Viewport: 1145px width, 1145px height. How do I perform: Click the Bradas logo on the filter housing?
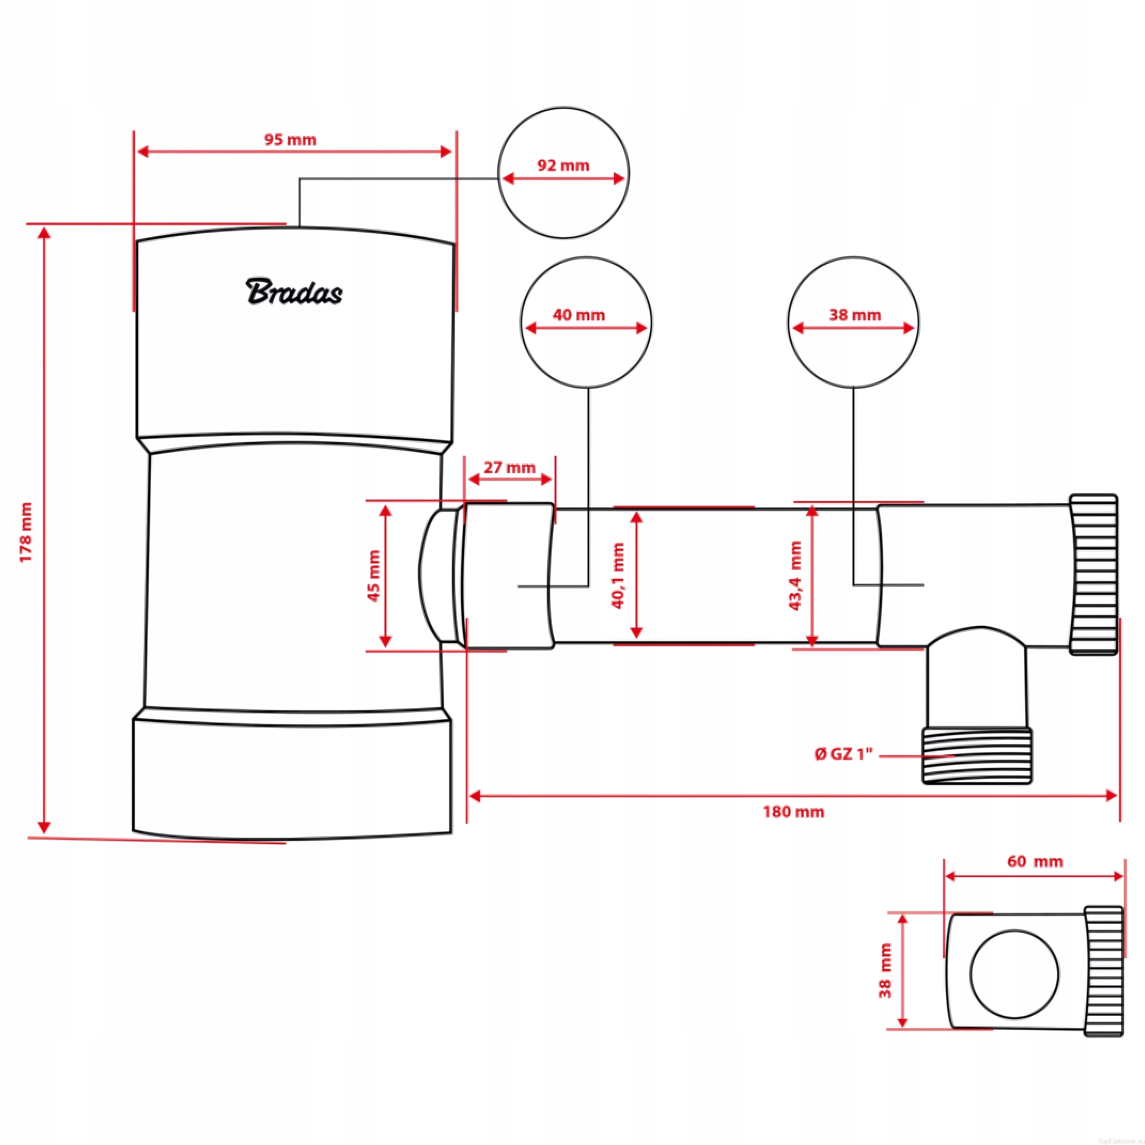coord(293,292)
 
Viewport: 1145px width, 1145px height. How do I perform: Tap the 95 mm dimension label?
coord(290,140)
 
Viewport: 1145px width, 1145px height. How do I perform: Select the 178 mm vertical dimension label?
coord(26,532)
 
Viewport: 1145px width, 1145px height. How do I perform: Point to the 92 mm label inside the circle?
coord(563,165)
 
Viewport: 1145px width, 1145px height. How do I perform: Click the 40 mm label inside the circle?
coord(578,315)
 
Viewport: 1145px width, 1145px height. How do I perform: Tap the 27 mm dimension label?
coord(509,467)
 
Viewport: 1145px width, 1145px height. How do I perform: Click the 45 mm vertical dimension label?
coord(373,576)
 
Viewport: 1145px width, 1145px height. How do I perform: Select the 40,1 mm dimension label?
coord(618,576)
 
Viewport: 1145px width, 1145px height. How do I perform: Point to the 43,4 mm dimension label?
coord(795,576)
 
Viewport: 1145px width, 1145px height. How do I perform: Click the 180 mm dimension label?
coord(793,811)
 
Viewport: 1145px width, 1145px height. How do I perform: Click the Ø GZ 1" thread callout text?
coord(844,754)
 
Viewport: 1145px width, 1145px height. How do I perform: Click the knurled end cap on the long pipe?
coord(1094,574)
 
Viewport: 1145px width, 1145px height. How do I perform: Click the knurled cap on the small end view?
coord(1103,979)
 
